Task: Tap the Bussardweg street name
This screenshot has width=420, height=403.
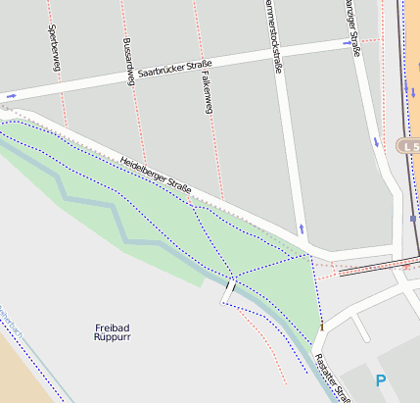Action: (x=127, y=61)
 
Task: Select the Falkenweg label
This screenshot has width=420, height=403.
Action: (x=207, y=92)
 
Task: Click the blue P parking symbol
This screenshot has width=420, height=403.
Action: (x=380, y=380)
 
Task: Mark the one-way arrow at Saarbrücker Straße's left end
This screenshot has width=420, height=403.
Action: (x=11, y=95)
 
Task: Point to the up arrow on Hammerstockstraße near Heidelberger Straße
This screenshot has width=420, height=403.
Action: (x=301, y=228)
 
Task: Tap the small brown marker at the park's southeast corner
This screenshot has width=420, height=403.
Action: (x=321, y=325)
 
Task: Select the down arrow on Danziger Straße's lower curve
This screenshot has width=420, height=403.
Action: (x=376, y=142)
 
